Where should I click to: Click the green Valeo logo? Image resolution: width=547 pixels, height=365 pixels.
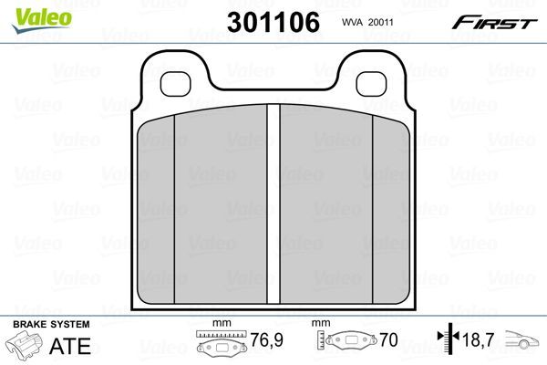42,20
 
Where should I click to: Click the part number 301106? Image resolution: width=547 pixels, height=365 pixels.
273,22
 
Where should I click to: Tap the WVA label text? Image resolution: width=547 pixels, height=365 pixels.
353,22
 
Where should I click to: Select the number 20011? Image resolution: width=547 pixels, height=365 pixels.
380,22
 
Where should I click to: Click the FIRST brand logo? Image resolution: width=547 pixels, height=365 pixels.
495,23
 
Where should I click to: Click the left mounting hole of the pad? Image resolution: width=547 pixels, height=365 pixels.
175,84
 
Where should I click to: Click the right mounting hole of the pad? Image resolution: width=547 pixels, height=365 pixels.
371,84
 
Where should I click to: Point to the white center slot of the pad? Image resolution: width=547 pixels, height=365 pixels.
273,203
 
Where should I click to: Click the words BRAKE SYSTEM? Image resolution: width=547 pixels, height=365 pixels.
51,324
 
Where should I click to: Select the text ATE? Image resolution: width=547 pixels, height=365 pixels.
70,346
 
